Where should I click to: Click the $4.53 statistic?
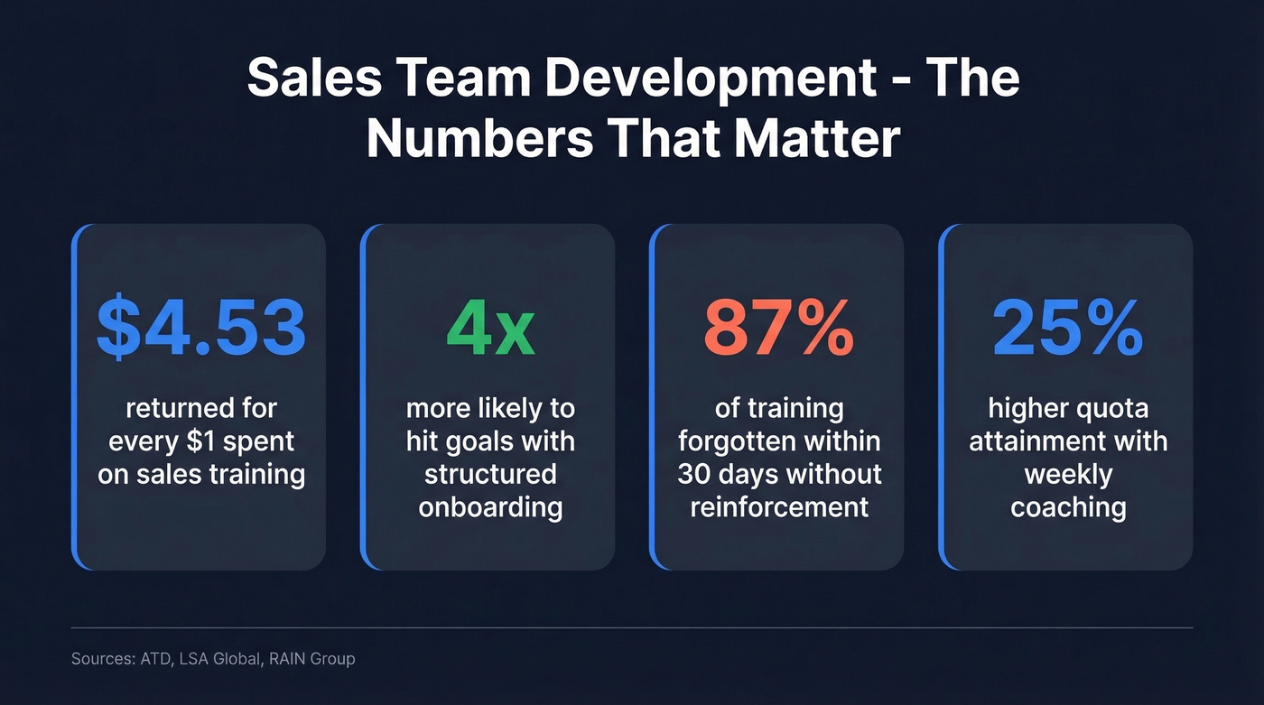click(201, 329)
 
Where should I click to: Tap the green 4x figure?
click(490, 329)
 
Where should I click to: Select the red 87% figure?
click(779, 329)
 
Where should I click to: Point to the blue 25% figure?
click(1068, 329)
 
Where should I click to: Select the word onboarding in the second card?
click(490, 507)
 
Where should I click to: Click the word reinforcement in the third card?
click(779, 507)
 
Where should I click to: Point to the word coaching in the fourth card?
click(1068, 507)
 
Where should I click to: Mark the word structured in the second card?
click(490, 475)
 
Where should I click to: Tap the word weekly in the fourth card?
click(1068, 475)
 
